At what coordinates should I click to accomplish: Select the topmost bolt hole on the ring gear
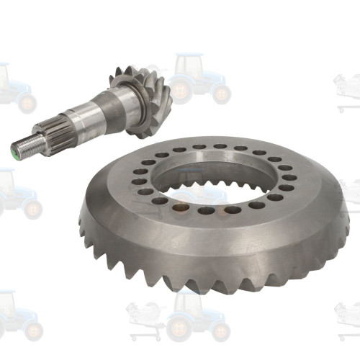pos(220,146)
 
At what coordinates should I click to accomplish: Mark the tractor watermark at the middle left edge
pos(14,194)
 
